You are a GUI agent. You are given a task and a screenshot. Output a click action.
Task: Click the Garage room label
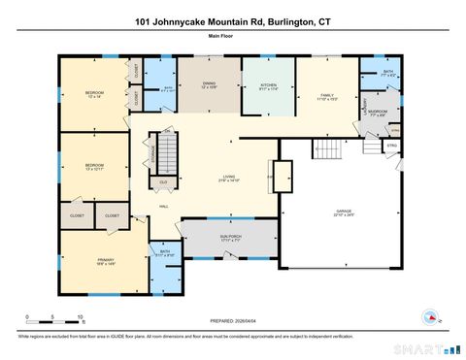click(x=344, y=213)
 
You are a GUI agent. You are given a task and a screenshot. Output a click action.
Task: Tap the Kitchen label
click(x=269, y=86)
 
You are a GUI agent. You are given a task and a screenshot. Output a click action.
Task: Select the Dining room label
click(x=209, y=86)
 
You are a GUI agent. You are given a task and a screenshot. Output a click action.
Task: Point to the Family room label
click(x=327, y=97)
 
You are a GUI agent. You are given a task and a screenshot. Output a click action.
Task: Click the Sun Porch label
click(x=229, y=238)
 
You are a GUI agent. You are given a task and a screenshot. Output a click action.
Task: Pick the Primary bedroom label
click(x=106, y=262)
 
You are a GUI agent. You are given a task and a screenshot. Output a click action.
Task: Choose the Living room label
click(x=229, y=179)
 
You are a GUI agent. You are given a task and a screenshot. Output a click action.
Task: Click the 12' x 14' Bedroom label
click(x=94, y=95)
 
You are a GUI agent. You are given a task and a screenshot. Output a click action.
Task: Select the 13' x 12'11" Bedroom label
click(x=94, y=166)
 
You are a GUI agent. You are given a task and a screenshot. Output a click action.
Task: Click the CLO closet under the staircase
click(x=163, y=181)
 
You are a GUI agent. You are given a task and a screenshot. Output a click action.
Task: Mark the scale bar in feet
click(x=54, y=318)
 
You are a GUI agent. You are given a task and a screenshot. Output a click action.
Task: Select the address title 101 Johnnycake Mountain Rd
click(x=233, y=20)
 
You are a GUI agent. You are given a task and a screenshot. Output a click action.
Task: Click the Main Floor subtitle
click(x=233, y=36)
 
